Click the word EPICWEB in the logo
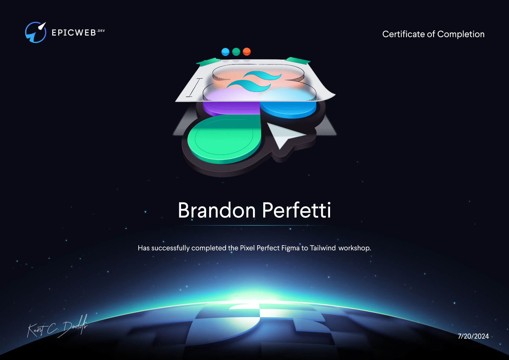tap(74, 33)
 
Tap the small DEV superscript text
tap(101, 31)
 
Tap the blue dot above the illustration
tap(225, 52)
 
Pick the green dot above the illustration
tap(236, 52)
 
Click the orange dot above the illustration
tap(247, 52)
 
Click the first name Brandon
tap(217, 210)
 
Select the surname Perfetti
tap(297, 210)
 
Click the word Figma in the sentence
tap(290, 248)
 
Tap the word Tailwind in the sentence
tap(323, 248)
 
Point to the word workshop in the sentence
tap(354, 248)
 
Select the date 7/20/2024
tap(473, 336)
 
